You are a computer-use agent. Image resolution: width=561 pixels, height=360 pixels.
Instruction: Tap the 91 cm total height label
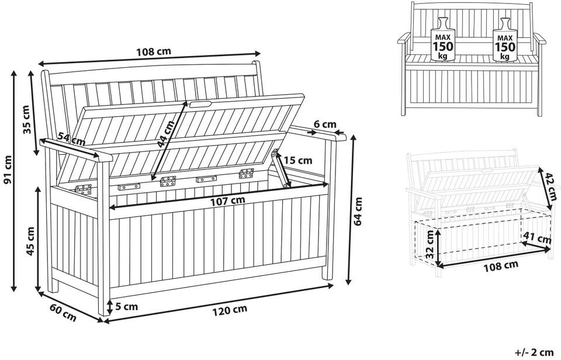(x=8, y=170)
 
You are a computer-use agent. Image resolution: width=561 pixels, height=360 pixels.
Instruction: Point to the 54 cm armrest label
(x=71, y=139)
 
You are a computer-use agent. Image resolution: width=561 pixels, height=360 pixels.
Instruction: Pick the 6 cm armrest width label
(x=325, y=124)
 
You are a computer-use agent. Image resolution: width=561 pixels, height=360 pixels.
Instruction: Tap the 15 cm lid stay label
(x=298, y=160)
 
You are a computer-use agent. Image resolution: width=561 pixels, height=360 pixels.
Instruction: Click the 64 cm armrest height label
(x=358, y=212)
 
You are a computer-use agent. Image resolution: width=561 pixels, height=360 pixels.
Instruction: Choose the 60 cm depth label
(x=63, y=313)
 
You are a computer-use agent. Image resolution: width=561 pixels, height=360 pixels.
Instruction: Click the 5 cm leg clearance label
(x=126, y=306)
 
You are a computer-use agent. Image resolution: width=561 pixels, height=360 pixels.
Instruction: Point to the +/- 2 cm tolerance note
(x=535, y=352)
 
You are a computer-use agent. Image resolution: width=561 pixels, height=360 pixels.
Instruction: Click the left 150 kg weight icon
(x=441, y=40)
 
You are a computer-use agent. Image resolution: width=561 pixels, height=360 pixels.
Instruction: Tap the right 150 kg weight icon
(x=505, y=40)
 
